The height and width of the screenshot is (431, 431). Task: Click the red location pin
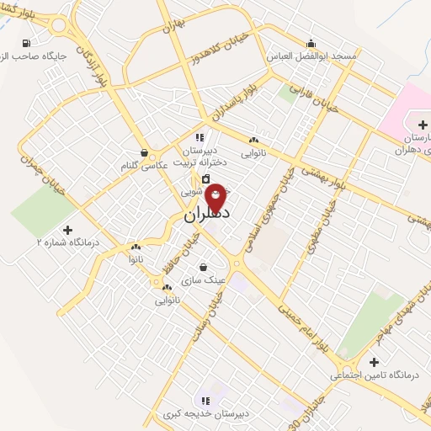[216, 197]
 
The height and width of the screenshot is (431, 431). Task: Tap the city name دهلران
[208, 215]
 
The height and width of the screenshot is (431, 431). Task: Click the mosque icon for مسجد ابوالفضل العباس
[311, 43]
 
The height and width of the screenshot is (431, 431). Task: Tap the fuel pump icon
[29, 43]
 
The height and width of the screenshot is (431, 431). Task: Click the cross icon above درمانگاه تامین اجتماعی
[374, 363]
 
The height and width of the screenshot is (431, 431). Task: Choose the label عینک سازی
[205, 279]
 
